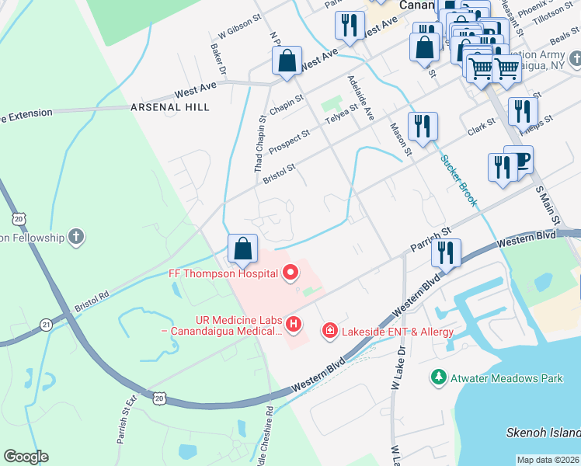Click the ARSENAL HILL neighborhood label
click(x=170, y=106)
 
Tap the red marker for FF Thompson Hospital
click(x=290, y=272)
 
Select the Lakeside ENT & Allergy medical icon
click(x=330, y=332)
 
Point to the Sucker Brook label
click(x=458, y=181)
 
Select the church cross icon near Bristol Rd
click(x=75, y=236)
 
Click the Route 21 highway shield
click(x=47, y=323)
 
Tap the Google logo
click(x=26, y=457)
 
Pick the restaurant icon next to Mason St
click(x=423, y=126)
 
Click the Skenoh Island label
click(x=548, y=433)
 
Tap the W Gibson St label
click(x=238, y=32)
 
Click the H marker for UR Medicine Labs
click(x=293, y=323)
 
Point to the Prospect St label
click(x=289, y=141)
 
